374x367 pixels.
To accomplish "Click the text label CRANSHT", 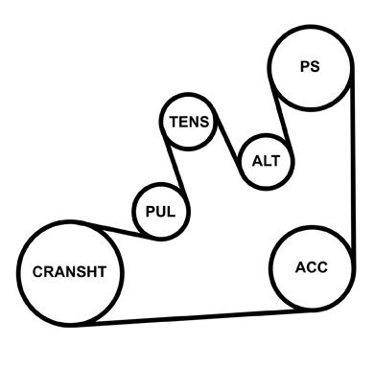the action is point(69,272).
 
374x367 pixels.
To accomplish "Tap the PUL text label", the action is point(160,212).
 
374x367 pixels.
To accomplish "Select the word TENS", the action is point(189,122).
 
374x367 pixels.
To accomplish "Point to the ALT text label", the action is point(266,161).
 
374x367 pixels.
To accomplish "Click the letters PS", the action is point(310,66).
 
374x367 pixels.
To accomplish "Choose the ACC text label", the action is point(312,267).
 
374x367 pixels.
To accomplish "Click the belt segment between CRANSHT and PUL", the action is point(117,231).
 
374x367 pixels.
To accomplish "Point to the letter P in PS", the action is point(305,66).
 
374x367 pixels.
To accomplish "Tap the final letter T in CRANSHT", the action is point(103,272).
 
